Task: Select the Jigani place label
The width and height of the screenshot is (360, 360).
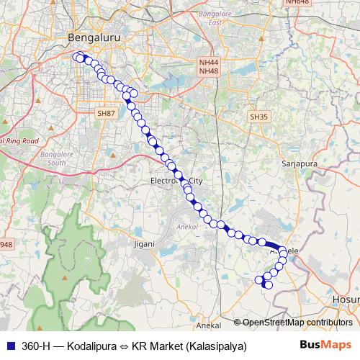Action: (x=144, y=243)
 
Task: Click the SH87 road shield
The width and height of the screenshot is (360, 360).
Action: (x=106, y=114)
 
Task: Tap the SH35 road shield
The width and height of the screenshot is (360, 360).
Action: (x=258, y=116)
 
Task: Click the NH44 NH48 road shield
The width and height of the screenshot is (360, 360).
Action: (x=208, y=67)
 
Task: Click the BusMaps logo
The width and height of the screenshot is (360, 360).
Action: (x=325, y=346)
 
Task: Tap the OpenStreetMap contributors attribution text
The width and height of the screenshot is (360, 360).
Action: (x=297, y=323)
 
